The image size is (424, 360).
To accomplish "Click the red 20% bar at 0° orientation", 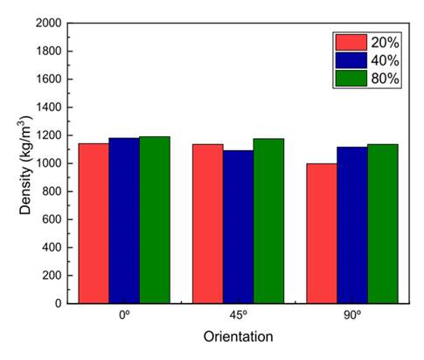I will (94, 223).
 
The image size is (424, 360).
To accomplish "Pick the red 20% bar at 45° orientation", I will (207, 223).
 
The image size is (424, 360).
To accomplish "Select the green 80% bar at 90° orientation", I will (382, 223).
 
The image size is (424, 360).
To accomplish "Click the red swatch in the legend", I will (349, 42).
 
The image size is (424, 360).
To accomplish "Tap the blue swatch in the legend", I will (349, 60).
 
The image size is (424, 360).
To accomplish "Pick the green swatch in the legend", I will (349, 79).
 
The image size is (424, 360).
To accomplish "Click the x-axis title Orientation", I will (238, 336).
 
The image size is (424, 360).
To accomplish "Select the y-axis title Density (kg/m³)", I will (25, 163).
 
